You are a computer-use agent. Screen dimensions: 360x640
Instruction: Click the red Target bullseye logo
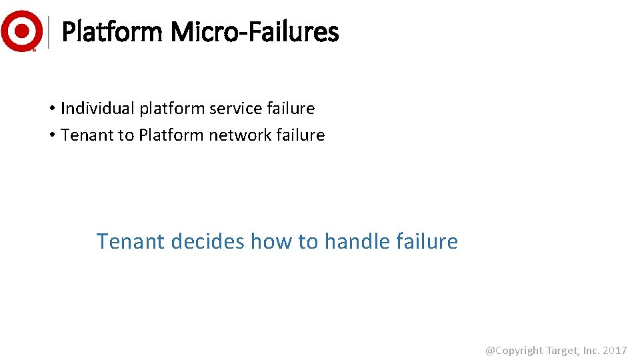(x=22, y=31)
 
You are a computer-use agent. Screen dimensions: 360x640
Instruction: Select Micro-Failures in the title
(x=255, y=31)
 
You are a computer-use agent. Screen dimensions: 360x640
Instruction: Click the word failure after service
(x=293, y=108)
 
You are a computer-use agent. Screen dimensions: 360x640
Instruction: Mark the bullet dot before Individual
(x=51, y=109)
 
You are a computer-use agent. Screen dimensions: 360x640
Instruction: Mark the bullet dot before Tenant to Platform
(x=51, y=135)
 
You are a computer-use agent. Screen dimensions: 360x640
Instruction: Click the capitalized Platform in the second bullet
(x=171, y=135)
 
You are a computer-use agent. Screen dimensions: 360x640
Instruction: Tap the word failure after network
(x=303, y=135)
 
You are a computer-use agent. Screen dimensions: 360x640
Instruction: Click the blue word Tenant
(x=131, y=241)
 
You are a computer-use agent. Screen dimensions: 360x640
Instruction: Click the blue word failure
(x=427, y=241)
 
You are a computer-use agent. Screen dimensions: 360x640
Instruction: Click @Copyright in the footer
(x=513, y=351)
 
